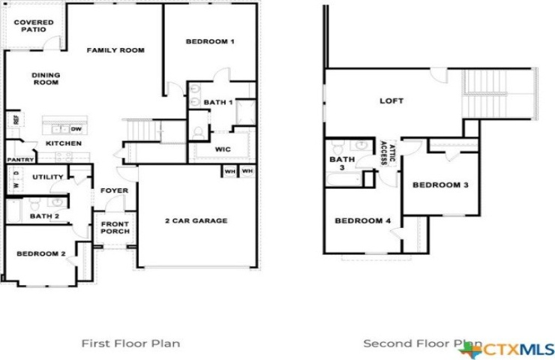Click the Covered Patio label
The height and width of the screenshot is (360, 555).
(34, 25)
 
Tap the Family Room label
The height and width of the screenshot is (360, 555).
(115, 50)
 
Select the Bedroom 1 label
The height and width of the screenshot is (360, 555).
(210, 41)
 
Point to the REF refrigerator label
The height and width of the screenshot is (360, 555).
(16, 120)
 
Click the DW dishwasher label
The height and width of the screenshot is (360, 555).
(76, 129)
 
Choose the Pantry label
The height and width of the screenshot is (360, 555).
(20, 160)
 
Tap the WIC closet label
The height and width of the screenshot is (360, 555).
(223, 149)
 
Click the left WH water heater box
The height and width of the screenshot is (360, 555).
(229, 172)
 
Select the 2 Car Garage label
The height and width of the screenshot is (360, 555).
(196, 221)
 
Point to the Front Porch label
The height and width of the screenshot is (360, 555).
(115, 227)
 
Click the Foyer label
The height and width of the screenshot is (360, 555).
(114, 190)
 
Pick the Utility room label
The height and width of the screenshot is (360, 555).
(48, 177)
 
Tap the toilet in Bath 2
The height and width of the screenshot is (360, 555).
(34, 204)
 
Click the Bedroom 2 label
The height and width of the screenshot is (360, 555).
(41, 253)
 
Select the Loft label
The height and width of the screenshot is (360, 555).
(391, 101)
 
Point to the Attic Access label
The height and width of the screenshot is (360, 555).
(388, 153)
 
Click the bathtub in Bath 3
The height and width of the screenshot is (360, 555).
(344, 179)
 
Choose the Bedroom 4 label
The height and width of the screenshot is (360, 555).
(363, 221)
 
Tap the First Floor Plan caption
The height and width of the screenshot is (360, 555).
(130, 343)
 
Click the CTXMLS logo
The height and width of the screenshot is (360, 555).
(507, 349)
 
